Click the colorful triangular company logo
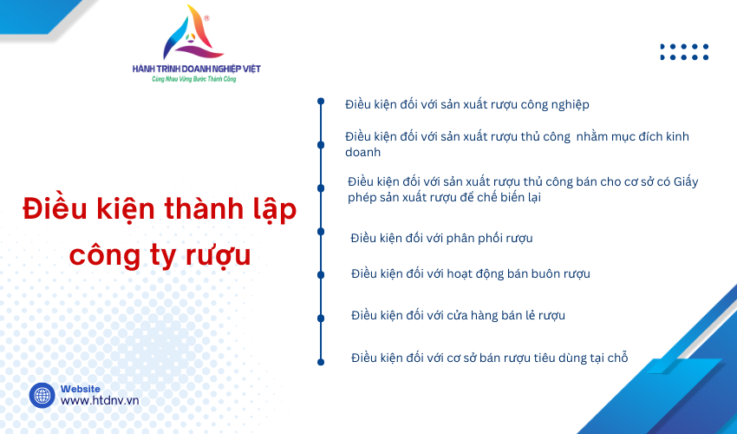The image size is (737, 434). pos(193,33)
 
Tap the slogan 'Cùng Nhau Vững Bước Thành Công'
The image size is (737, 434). pos(193,79)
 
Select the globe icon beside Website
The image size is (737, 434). pos(42,395)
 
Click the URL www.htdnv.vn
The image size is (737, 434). pos(100,400)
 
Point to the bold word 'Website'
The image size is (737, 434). pos(81,389)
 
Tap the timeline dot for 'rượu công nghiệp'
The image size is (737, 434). pos(321,102)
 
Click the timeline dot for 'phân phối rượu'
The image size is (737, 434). pos(321,232)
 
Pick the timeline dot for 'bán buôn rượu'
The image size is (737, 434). pos(321,275)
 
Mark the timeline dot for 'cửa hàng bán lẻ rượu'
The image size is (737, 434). pos(321,319)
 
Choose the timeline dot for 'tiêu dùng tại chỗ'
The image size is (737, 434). pos(321,362)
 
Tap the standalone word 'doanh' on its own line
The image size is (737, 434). pos(362,152)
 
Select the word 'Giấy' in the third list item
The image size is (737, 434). pos(686,181)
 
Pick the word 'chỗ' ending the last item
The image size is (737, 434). pos(617,358)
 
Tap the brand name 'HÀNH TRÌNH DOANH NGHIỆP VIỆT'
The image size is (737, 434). pos(197,69)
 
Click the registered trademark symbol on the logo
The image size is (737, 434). pos(207,18)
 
